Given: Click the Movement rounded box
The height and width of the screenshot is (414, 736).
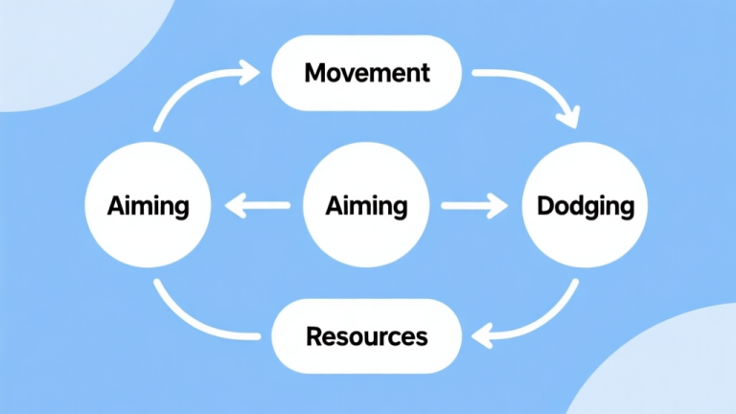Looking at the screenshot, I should pos(368,73).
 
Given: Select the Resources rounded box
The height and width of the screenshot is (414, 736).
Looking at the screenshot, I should pos(368,336).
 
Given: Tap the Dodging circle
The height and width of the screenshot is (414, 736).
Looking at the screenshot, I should pos(584,205).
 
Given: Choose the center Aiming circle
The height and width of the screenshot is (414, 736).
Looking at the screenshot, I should pos(367,205).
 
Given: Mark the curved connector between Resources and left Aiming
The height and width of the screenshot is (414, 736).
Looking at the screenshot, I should pos(192,321).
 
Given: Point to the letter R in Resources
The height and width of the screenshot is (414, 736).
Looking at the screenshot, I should pos(314,336).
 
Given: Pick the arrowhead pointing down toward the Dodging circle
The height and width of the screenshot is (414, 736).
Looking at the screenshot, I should pos(567,119).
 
